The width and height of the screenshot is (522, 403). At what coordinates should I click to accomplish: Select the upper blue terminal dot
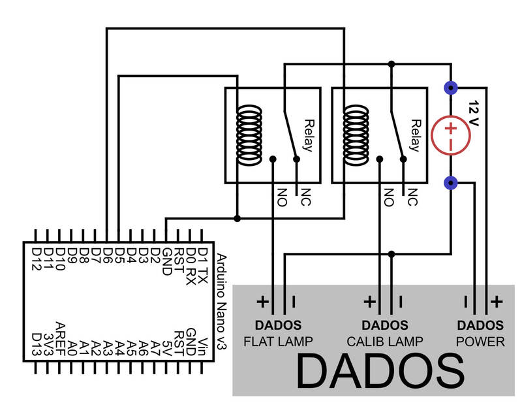tap(450, 87)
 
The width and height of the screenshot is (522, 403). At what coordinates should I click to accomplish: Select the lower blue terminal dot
tap(450, 183)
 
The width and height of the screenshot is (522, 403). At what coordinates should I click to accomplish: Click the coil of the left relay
tap(248, 135)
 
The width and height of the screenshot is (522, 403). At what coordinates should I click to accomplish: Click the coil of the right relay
tap(356, 135)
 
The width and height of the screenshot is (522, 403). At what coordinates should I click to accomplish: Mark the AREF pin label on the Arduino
tap(60, 336)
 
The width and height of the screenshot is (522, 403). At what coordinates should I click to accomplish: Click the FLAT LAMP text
tap(277, 342)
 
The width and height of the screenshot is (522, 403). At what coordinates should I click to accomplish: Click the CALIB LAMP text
tap(384, 342)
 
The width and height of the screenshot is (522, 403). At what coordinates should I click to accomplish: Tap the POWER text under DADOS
tap(480, 342)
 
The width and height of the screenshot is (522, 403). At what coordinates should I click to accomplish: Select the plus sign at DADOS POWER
tap(497, 302)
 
